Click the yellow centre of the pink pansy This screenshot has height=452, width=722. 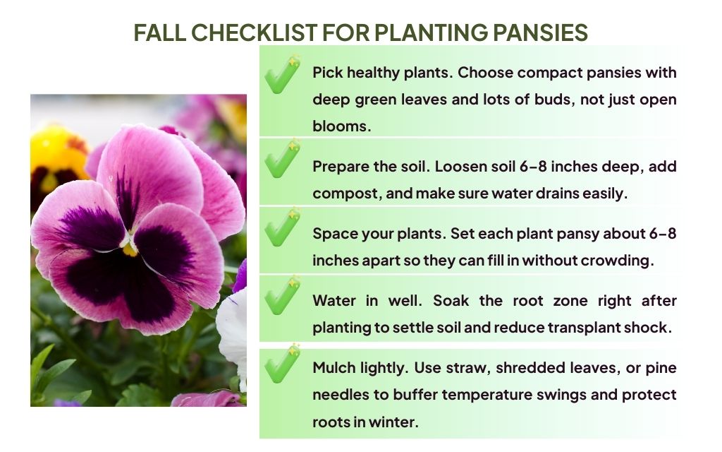pos(130,249)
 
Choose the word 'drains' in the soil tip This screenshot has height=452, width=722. pos(556,193)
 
